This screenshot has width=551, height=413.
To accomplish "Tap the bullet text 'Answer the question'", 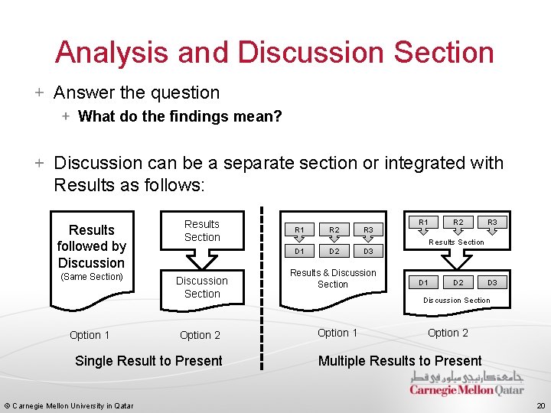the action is pyautogui.click(x=136, y=93).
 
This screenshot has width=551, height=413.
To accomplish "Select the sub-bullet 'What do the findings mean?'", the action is pyautogui.click(x=180, y=117).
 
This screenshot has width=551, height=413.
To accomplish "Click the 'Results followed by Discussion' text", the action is pyautogui.click(x=91, y=246).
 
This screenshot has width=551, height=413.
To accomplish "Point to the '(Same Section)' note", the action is pyautogui.click(x=91, y=276).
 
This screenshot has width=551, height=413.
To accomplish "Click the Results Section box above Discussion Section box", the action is pyautogui.click(x=202, y=231).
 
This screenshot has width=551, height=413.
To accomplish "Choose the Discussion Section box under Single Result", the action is pyautogui.click(x=202, y=287).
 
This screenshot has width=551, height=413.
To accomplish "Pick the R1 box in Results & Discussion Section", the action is pyautogui.click(x=300, y=229).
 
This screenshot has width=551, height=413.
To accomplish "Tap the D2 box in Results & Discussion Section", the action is pyautogui.click(x=334, y=251).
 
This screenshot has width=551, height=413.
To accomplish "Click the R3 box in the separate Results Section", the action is pyautogui.click(x=492, y=223).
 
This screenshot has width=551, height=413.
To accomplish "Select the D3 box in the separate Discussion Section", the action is pyautogui.click(x=492, y=283).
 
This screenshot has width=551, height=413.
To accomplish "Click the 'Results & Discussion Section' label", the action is pyautogui.click(x=333, y=278).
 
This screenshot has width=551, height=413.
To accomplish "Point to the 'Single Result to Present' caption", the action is pyautogui.click(x=148, y=361).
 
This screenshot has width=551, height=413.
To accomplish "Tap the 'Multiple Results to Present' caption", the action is pyautogui.click(x=399, y=361).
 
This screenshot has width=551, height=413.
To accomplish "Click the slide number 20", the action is pyautogui.click(x=540, y=405).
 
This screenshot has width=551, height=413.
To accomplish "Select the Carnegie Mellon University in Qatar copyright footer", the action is pyautogui.click(x=69, y=405).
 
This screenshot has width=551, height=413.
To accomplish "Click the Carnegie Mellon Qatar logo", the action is pyautogui.click(x=467, y=384).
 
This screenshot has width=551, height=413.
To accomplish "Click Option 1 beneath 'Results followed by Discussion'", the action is pyautogui.click(x=90, y=335).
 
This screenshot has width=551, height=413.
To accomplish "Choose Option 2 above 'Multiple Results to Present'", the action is pyautogui.click(x=448, y=333).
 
